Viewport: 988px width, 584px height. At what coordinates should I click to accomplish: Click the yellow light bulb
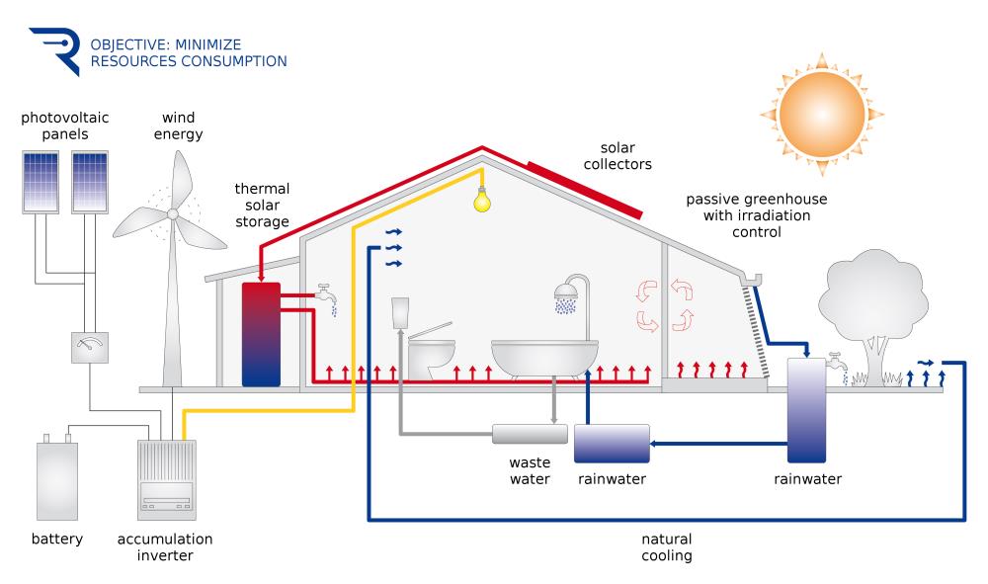(482, 197)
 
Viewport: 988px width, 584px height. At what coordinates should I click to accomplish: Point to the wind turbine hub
(173, 212)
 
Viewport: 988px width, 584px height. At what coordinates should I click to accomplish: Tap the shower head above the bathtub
(566, 292)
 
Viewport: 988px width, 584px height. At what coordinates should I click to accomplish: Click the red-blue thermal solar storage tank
(261, 333)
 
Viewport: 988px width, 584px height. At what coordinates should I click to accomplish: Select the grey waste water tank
(530, 433)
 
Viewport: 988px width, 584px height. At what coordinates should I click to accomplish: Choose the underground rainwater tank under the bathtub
(612, 443)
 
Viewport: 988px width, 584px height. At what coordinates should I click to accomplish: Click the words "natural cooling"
(666, 547)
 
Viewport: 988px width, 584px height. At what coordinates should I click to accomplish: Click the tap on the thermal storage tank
(325, 293)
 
